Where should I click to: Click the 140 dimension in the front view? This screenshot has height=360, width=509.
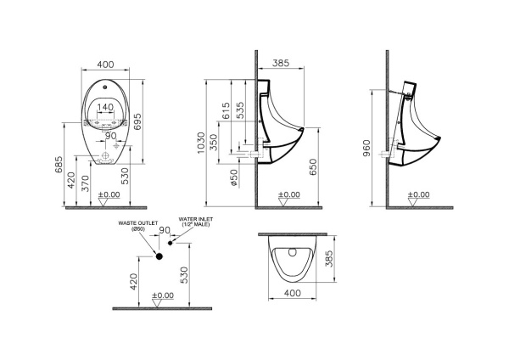[105, 108]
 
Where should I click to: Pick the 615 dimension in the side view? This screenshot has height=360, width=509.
[226, 110]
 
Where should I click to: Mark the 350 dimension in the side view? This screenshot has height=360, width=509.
[226, 142]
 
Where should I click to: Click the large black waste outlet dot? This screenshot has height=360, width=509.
[158, 256]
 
